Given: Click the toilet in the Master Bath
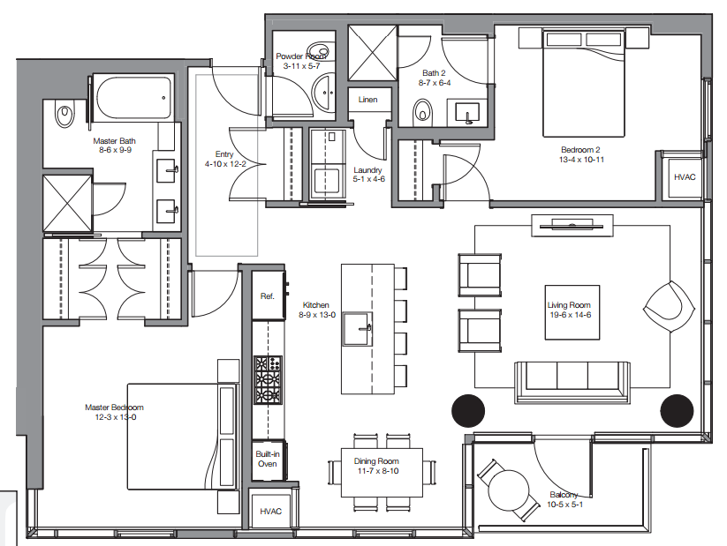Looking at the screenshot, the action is pos(64,114).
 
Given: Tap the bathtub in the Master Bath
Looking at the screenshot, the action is pos(133,98).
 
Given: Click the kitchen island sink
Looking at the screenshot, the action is pos(358,329).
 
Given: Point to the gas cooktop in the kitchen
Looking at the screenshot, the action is pos(268,379).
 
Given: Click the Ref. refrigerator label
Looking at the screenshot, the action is pos(267,296).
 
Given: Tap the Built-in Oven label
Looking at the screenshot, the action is pos(268,459).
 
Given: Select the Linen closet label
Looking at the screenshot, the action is pos(367,100).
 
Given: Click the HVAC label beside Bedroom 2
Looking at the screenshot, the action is pos(685,177).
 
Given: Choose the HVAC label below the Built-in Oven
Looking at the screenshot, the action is pos(270,512).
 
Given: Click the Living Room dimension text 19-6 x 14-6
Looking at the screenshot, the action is pos(571,315).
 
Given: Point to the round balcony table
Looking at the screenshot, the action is pos(509,490).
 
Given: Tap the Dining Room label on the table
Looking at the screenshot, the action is pos(376,461).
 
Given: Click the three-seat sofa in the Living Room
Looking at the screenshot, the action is pos(572,382).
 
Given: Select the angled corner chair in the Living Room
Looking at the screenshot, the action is pos(669,307).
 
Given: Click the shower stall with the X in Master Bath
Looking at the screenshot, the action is pos(68,203).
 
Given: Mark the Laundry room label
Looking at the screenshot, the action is pos(367,170).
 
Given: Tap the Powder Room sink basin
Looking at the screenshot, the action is pos(323,93).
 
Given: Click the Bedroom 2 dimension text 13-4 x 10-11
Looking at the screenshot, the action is pos(581,160).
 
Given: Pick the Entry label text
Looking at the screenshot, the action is pos(224,154).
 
